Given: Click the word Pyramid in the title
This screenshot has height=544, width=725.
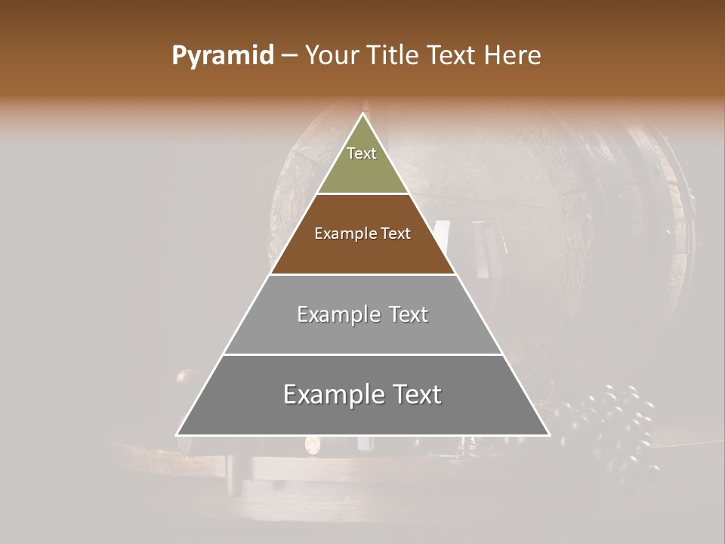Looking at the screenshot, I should point(223,56).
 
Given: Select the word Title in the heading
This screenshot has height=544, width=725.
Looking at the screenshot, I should point(394,56).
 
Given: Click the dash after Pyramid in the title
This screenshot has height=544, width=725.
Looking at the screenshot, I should point(289,56).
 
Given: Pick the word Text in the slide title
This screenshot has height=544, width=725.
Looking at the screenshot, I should point(454,56).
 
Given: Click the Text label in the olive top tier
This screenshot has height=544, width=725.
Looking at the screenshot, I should point(362,153).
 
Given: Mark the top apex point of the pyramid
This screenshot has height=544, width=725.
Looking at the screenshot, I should point(363,113).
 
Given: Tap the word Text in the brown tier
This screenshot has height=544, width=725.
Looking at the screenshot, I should point(395,233).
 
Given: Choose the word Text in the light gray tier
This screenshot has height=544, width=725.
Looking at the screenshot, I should point(409,314).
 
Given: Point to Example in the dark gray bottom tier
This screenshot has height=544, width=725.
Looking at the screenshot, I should point(331,394).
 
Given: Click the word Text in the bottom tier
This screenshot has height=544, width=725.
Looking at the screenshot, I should point(416,394).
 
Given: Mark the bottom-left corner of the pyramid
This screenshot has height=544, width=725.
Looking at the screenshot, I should point(177,435).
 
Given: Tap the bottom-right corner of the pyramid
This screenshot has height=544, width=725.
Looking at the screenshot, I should point(549,435).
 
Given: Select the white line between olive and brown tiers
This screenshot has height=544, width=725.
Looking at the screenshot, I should point(363,194).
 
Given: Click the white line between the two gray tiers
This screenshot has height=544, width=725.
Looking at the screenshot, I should point(363,354).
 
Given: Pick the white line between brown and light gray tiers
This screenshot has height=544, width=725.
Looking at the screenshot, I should point(363,274).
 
